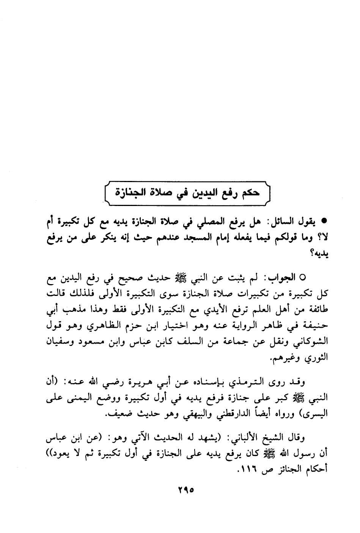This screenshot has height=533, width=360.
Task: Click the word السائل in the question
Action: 281,221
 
